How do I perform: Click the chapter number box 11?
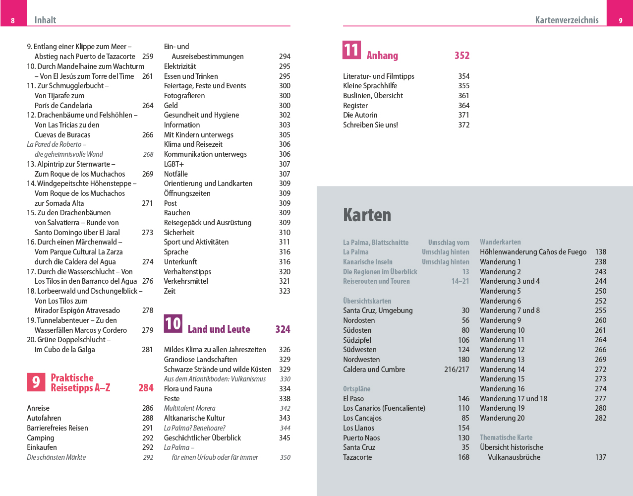pyautogui.click(x=351, y=50)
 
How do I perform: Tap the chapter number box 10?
pyautogui.click(x=173, y=324)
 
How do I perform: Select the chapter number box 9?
pyautogui.click(x=36, y=382)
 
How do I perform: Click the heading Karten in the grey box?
pyautogui.click(x=367, y=215)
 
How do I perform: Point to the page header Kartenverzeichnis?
pyautogui.click(x=567, y=20)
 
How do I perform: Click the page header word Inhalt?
pyautogui.click(x=45, y=20)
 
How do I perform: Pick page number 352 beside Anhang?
pyautogui.click(x=461, y=56)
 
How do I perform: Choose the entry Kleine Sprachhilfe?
pyautogui.click(x=370, y=86)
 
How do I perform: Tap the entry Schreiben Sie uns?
pyautogui.click(x=370, y=125)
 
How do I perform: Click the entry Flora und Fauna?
pyautogui.click(x=188, y=389)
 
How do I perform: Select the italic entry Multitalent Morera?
pyautogui.click(x=189, y=408)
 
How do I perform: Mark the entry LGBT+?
pyautogui.click(x=174, y=164)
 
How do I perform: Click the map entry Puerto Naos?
pyautogui.click(x=361, y=438)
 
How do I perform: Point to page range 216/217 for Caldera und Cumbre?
pyautogui.click(x=457, y=370)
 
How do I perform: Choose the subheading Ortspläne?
pyautogui.click(x=356, y=389)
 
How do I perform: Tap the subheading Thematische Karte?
pyautogui.click(x=506, y=437)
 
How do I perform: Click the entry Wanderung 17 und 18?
pyautogui.click(x=514, y=399)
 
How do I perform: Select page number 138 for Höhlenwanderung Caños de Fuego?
pyautogui.click(x=600, y=252)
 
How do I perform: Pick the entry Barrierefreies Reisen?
pyautogui.click(x=58, y=428)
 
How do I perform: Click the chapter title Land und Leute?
pyautogui.click(x=219, y=329)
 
